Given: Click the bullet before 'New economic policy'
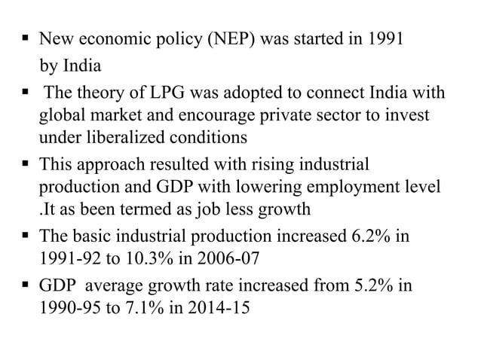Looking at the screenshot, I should coord(26,37).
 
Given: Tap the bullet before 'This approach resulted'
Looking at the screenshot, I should coord(26,162).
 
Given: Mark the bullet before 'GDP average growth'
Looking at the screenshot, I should coord(26,287).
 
